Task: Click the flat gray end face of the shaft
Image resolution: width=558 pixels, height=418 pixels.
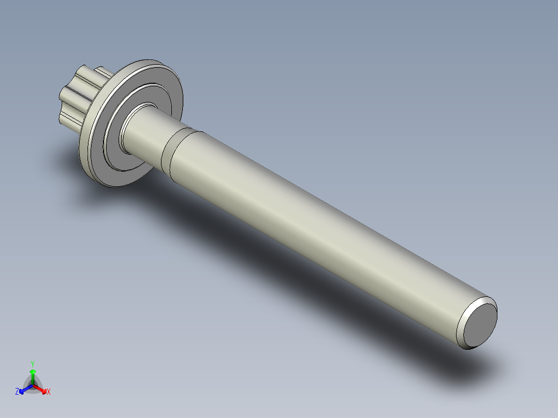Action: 480,324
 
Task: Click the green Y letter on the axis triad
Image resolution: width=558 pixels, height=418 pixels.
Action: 32,364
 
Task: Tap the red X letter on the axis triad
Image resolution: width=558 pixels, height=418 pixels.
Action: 49,392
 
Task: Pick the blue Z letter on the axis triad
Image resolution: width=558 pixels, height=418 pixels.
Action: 17,392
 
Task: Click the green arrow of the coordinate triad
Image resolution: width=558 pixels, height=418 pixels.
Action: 33,375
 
